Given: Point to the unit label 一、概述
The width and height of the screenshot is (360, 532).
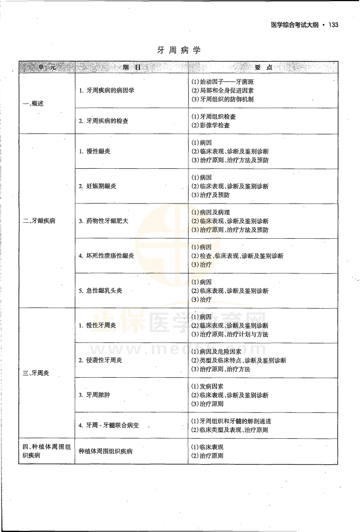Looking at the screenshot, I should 34,103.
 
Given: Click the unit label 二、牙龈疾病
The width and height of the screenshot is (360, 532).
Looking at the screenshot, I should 39,221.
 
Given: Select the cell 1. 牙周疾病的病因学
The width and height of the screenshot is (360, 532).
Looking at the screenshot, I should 107,91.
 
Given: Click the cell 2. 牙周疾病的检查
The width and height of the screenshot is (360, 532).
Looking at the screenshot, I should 104,121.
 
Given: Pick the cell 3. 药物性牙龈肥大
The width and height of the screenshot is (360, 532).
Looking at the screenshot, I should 104,221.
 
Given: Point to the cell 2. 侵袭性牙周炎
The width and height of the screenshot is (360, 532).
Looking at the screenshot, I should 101,360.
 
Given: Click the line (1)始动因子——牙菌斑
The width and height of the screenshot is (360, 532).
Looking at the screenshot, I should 226,81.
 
